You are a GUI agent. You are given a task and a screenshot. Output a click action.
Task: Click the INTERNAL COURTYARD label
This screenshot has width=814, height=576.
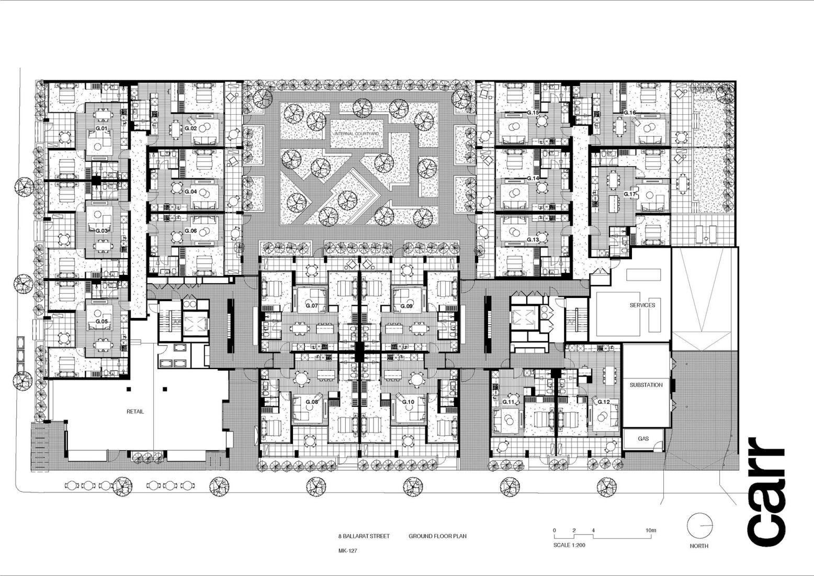pos(356,134)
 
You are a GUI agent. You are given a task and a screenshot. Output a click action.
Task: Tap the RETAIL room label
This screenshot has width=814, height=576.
pos(135,412)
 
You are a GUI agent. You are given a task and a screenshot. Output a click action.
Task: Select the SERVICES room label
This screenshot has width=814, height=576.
pos(642,305)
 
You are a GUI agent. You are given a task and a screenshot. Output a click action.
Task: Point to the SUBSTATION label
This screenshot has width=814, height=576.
pos(646,385)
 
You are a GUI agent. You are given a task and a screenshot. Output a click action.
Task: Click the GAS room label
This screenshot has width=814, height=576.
pos(643,438)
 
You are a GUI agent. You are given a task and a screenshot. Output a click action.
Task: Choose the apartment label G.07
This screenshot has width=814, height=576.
pos(311,306)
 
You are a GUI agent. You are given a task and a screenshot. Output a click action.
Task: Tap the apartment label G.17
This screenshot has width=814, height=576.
pos(629,194)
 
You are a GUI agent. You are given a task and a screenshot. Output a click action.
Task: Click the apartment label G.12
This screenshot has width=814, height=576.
pos(604,402)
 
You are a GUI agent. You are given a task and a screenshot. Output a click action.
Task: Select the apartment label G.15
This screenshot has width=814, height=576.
pos(533,113)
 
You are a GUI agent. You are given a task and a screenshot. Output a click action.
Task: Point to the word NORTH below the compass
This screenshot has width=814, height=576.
pos(699,546)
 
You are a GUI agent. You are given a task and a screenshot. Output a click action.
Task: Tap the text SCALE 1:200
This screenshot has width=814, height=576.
pos(569,545)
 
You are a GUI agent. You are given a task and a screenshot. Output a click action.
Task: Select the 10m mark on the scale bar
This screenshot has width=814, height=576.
pos(650,530)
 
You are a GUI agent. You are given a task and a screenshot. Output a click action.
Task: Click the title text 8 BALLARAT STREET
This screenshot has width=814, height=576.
pos(364,536)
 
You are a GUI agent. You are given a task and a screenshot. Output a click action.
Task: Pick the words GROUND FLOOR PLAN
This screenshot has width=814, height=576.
pos(437,536)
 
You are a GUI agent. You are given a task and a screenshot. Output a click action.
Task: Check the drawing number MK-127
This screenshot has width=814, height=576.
pos(347,551)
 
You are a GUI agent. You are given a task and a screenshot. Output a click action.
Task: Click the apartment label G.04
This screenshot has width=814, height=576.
pos(190,192)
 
